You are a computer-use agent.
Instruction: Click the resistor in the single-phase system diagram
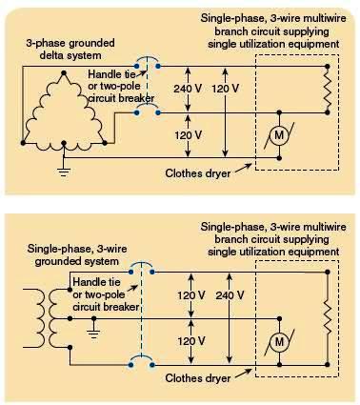coord(328,317)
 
